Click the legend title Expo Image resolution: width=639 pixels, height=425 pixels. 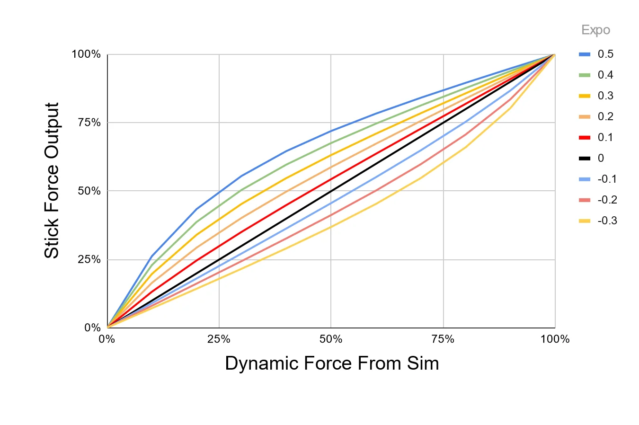click(x=595, y=30)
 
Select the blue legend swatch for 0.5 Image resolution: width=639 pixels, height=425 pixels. click(x=585, y=54)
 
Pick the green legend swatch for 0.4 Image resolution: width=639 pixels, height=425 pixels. click(x=585, y=75)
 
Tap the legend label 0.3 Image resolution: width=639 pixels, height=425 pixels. click(x=605, y=96)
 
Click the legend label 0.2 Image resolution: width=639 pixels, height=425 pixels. click(x=605, y=116)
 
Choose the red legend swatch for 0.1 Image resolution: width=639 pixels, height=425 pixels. click(x=585, y=137)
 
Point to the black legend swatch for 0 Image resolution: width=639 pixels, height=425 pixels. click(x=585, y=158)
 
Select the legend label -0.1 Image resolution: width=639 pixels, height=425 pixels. click(x=607, y=179)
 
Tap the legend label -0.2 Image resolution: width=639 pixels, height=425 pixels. click(x=607, y=200)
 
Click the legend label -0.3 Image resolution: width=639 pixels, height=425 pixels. click(x=607, y=221)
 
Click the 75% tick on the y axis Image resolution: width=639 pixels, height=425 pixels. click(x=89, y=123)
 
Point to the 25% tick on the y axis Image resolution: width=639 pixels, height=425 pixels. click(x=89, y=259)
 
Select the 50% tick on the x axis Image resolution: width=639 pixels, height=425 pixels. click(x=331, y=339)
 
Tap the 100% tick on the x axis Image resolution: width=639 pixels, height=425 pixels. click(x=555, y=339)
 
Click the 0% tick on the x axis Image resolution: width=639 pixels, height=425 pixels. click(x=107, y=339)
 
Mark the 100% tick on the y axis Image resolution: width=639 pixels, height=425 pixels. click(x=86, y=54)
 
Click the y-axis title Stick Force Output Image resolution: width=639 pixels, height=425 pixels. click(x=52, y=180)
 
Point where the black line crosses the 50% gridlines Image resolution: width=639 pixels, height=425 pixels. click(x=331, y=191)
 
